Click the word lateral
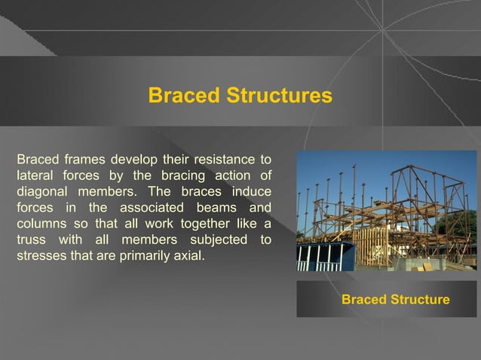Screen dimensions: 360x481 (33, 176)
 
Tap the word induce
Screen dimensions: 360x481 (253, 192)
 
